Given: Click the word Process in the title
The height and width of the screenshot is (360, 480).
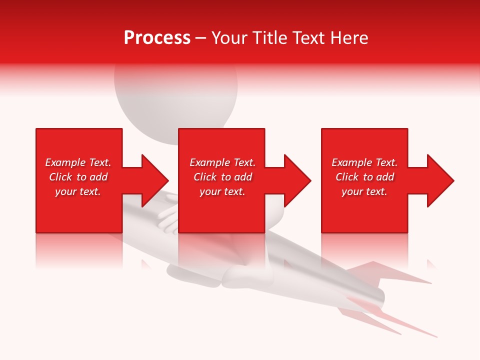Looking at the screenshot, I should pos(157,38).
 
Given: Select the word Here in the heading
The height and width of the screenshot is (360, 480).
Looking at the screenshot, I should pos(350,38).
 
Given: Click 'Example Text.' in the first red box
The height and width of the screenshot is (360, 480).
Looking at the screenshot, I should pos(78,162).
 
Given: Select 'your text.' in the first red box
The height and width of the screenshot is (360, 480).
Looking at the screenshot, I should pos(78,191).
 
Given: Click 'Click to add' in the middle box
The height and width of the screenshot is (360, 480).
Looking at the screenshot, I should pos(222,177).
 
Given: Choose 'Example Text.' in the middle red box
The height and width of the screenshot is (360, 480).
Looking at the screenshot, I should pos(222,162).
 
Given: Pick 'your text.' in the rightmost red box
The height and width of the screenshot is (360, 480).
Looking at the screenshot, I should pos(364,191).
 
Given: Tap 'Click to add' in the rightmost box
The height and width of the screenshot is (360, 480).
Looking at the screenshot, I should pos(364,177).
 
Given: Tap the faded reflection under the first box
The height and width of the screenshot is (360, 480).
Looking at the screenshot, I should pos(79,250).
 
